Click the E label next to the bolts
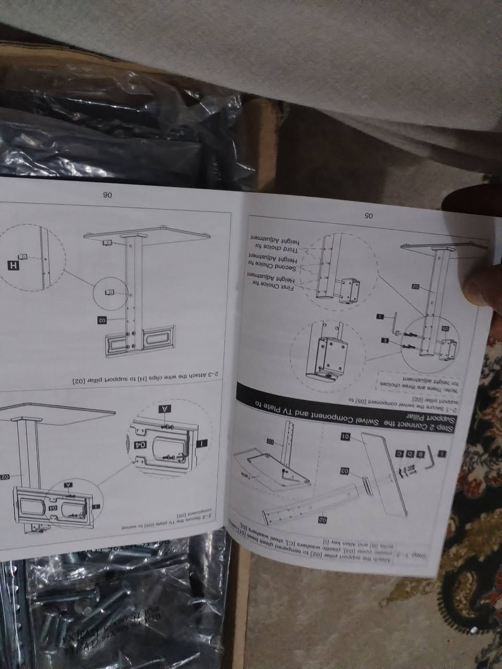point(385,340)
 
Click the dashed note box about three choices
point(404,380)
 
